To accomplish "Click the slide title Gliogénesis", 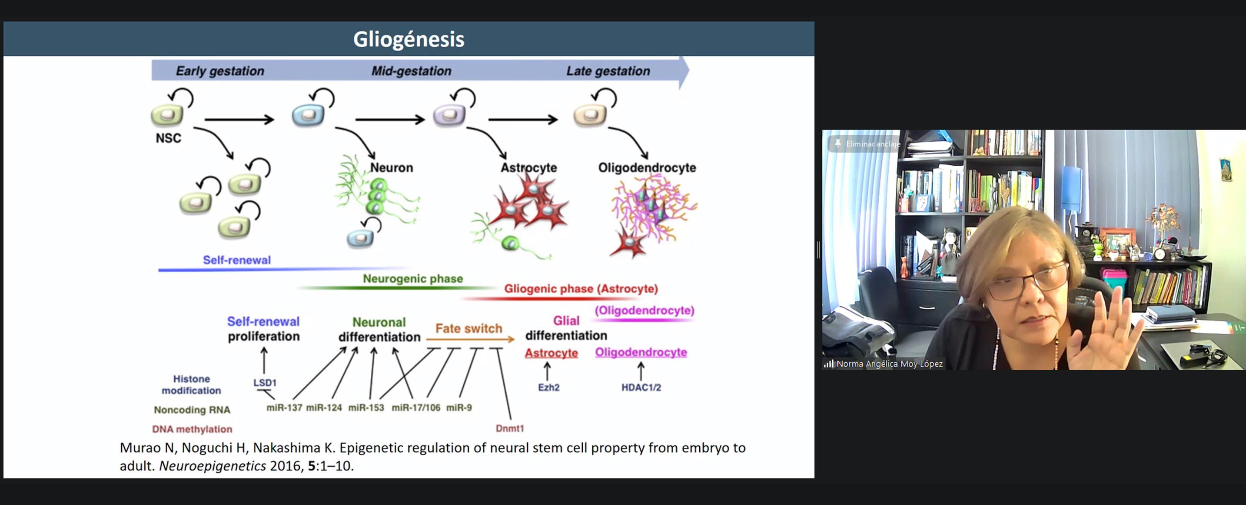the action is coord(408,39).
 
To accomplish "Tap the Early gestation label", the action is coord(219,71).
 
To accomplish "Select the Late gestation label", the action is coord(608,71).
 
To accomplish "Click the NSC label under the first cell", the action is coord(168,138).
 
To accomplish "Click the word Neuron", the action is coord(392,167).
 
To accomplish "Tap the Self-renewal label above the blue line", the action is coord(236,260).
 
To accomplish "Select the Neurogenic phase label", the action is coord(412,279).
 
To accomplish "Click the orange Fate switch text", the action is coord(468,328).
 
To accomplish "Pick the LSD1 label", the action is coord(265,382).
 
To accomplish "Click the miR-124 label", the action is coord(324,408).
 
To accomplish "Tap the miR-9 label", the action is coord(459,408).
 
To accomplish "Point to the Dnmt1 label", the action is coord(510,428).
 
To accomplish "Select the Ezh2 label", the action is coord(548,388).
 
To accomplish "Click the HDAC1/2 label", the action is coord(641,388).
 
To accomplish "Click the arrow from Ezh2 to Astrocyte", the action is coord(547,371).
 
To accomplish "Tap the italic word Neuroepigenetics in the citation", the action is coord(213,466).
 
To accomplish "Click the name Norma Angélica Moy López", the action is coord(890,364).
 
